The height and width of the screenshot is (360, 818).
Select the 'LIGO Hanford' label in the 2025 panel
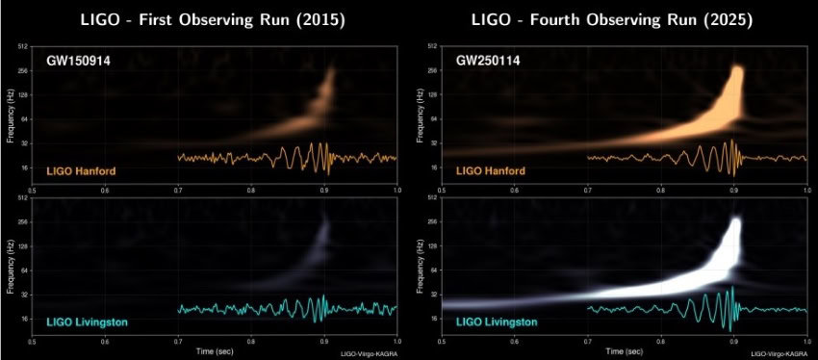click(x=491, y=170)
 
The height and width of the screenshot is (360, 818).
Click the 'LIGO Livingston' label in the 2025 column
click(x=497, y=320)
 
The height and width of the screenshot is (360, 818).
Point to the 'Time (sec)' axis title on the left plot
click(x=215, y=351)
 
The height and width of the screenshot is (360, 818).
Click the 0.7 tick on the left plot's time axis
click(x=178, y=341)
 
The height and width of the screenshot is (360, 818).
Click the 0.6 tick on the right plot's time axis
click(x=514, y=341)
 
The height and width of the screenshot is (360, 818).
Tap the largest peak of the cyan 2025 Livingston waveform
click(x=733, y=289)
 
